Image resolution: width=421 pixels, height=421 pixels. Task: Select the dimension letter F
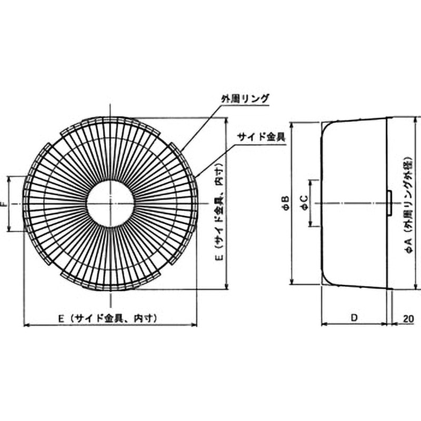pos(5,204)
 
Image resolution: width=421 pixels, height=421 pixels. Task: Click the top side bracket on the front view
pos(110,120)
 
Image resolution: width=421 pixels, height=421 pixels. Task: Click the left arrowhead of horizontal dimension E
pos(26,325)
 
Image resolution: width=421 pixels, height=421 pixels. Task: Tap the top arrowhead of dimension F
pos(10,178)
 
